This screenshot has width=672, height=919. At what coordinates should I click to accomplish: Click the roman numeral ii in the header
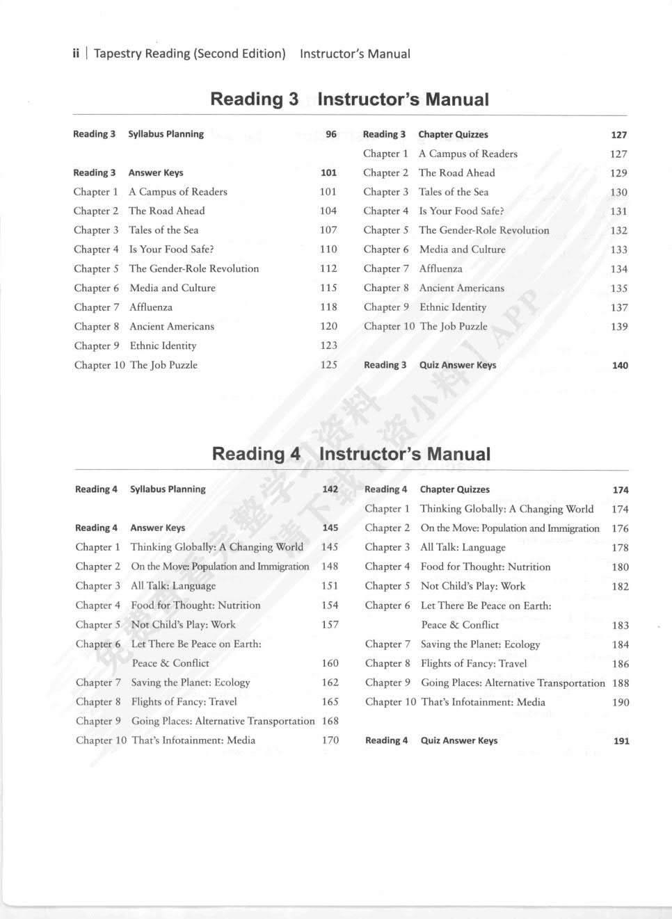click(x=76, y=54)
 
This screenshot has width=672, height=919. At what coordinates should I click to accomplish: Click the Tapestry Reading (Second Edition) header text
click(x=189, y=54)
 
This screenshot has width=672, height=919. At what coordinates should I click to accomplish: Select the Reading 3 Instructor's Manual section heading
click(x=349, y=99)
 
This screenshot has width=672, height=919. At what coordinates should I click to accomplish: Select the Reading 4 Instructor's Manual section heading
click(x=351, y=454)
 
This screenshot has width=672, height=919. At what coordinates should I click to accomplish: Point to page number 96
click(x=331, y=134)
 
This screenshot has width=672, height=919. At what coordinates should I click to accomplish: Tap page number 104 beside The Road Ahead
click(x=328, y=211)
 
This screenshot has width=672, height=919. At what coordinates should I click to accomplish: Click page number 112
click(x=328, y=268)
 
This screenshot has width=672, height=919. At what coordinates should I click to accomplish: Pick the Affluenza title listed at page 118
click(x=151, y=307)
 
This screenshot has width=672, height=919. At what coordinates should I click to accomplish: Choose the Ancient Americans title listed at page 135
click(x=462, y=288)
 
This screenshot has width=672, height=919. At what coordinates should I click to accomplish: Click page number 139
click(x=619, y=327)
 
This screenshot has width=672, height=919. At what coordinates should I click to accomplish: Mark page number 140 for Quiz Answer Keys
click(x=620, y=365)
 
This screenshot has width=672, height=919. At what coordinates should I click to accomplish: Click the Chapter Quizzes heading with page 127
click(x=453, y=134)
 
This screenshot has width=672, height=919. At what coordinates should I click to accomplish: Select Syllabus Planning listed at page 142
click(x=168, y=489)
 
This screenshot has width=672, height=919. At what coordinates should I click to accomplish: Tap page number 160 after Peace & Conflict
click(x=330, y=663)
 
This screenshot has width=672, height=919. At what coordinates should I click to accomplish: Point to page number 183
click(x=621, y=626)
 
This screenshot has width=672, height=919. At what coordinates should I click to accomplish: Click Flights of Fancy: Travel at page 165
click(x=184, y=701)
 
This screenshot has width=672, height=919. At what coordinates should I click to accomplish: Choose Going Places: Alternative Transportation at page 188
click(x=513, y=683)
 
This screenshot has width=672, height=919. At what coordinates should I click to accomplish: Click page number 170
click(x=330, y=740)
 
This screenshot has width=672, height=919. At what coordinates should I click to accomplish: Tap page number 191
click(x=621, y=741)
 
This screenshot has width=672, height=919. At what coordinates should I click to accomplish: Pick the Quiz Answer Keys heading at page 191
click(x=459, y=740)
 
